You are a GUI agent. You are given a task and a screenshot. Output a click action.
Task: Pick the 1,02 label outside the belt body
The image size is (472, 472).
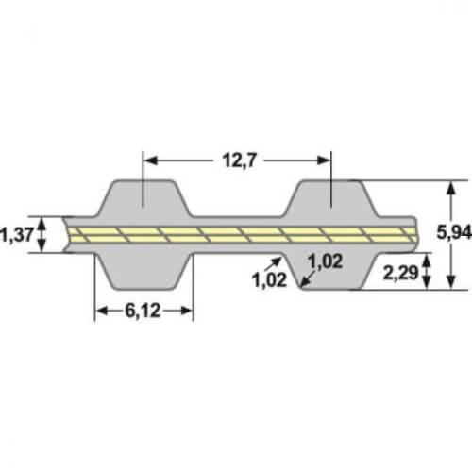pos(269,278)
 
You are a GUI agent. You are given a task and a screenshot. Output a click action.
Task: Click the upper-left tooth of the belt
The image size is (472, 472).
pos(143,199)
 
